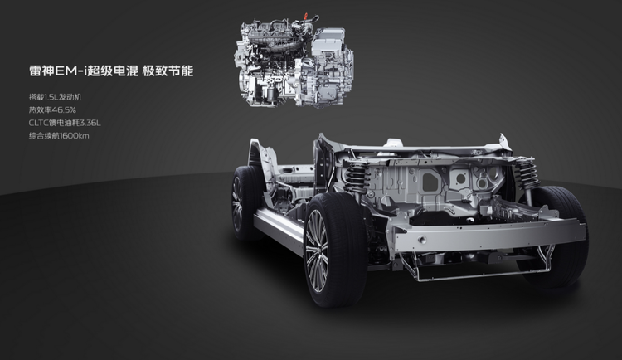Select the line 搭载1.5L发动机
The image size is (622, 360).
pos(55,97)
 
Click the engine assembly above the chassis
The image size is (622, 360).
pos(294,61)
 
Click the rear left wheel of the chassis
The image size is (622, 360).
pos(243,203)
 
